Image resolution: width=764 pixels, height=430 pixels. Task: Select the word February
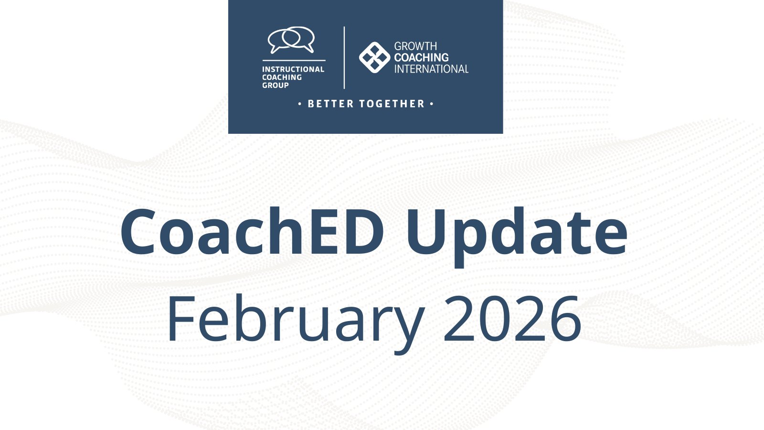(x=296, y=323)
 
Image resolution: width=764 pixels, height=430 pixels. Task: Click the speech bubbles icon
(x=291, y=40)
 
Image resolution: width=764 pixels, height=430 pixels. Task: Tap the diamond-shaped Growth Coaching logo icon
(x=374, y=57)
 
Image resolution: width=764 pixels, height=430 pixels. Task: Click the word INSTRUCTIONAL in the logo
(x=293, y=69)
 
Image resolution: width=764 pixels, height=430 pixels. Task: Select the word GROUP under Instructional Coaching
(x=275, y=86)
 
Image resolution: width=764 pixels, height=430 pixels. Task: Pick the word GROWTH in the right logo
(x=415, y=46)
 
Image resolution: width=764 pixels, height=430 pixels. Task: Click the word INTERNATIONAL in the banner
(x=432, y=69)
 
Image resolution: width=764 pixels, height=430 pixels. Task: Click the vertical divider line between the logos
(x=344, y=57)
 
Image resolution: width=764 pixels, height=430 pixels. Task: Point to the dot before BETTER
(x=300, y=104)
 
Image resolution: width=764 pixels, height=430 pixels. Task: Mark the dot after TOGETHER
(x=432, y=104)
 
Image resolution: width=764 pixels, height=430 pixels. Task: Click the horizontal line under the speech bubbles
(x=294, y=60)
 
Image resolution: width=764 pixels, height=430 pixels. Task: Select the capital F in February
(x=181, y=319)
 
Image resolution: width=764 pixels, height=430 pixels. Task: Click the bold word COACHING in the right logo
(x=421, y=57)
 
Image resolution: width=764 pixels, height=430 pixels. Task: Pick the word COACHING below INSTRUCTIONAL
(x=282, y=77)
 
